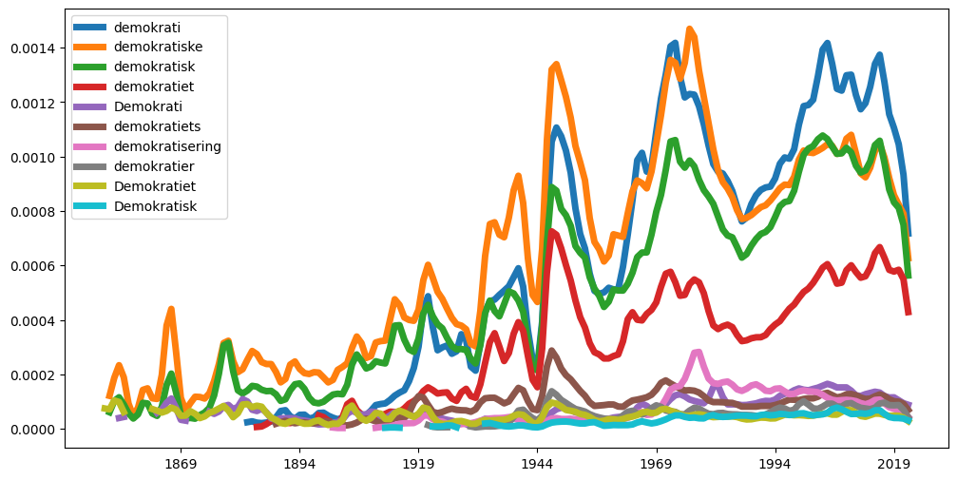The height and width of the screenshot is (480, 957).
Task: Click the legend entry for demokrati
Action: click(x=146, y=28)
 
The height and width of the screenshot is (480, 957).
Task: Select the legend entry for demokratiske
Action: click(x=158, y=47)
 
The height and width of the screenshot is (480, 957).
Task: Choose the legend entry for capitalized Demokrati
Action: click(x=147, y=106)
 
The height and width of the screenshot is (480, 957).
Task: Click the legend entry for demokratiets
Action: click(x=157, y=126)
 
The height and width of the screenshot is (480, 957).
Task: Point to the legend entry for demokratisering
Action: click(x=167, y=146)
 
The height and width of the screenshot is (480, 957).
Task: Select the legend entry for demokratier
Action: click(x=155, y=165)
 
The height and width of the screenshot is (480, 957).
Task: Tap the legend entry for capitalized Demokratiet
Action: click(x=155, y=185)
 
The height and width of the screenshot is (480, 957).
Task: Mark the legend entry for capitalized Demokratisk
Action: click(x=155, y=205)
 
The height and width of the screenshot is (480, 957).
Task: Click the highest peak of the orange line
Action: click(x=690, y=29)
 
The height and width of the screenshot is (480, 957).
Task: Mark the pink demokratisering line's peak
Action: click(x=698, y=353)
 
